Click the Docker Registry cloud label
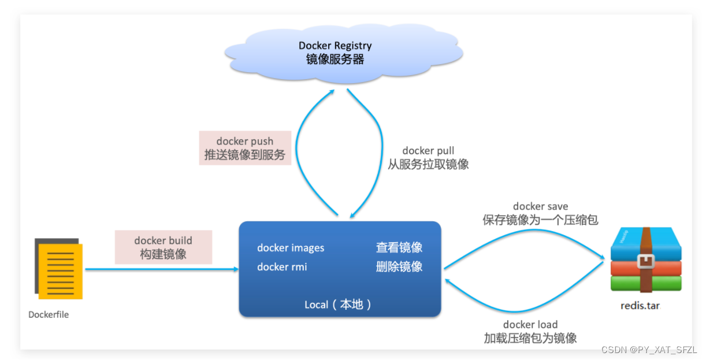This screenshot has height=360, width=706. pyautogui.click(x=335, y=46)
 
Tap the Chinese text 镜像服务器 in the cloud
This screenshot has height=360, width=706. pyautogui.click(x=335, y=60)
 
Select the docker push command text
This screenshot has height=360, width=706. pyautogui.click(x=245, y=142)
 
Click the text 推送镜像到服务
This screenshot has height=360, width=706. pyautogui.click(x=245, y=155)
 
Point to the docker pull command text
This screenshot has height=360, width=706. pyautogui.click(x=428, y=151)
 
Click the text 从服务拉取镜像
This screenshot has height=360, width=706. pyautogui.click(x=428, y=164)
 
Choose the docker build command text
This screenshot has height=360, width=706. pyautogui.click(x=164, y=240)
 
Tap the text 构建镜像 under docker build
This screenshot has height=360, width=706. pyautogui.click(x=164, y=254)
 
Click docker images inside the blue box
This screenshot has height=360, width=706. pyautogui.click(x=291, y=248)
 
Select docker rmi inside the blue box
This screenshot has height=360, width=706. pyautogui.click(x=282, y=267)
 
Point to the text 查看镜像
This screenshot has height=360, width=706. pyautogui.click(x=399, y=248)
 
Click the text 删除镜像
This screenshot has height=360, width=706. pyautogui.click(x=399, y=267)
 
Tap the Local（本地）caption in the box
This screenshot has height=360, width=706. pyautogui.click(x=339, y=305)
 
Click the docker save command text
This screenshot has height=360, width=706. pyautogui.click(x=540, y=206)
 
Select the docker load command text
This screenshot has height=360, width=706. pyautogui.click(x=530, y=325)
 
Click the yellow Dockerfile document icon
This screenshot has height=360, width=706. pyautogui.click(x=60, y=269)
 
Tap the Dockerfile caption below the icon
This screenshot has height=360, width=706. pyautogui.click(x=49, y=315)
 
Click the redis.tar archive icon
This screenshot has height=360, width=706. pyautogui.click(x=646, y=259)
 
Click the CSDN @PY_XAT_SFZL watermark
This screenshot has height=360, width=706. pyautogui.click(x=649, y=350)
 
